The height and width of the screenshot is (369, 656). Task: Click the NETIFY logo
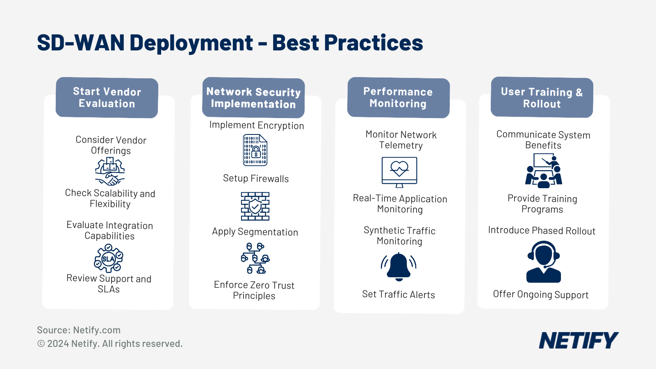(578, 341)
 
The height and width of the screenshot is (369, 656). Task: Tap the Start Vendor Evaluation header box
(107, 98)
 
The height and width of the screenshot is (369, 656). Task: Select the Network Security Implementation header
(253, 98)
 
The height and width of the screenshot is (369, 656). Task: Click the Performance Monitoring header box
(398, 98)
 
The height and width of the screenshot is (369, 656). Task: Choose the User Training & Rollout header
(542, 98)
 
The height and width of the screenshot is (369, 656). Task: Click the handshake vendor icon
(110, 172)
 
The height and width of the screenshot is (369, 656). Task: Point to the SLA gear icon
(109, 258)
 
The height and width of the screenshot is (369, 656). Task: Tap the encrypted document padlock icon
(255, 150)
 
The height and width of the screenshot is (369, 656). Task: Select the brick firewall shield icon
(255, 206)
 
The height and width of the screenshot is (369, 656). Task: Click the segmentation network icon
(255, 258)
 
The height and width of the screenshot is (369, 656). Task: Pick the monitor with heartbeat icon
(399, 172)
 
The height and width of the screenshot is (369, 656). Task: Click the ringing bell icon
(399, 266)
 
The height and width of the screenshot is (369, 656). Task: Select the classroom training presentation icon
(544, 171)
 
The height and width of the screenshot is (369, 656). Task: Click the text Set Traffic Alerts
(399, 294)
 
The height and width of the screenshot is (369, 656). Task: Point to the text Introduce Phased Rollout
(542, 230)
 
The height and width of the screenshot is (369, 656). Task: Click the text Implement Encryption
(257, 125)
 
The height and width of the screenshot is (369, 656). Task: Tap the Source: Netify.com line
(79, 330)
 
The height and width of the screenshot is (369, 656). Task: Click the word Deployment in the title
(191, 43)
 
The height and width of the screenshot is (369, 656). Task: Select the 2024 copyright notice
(110, 344)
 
